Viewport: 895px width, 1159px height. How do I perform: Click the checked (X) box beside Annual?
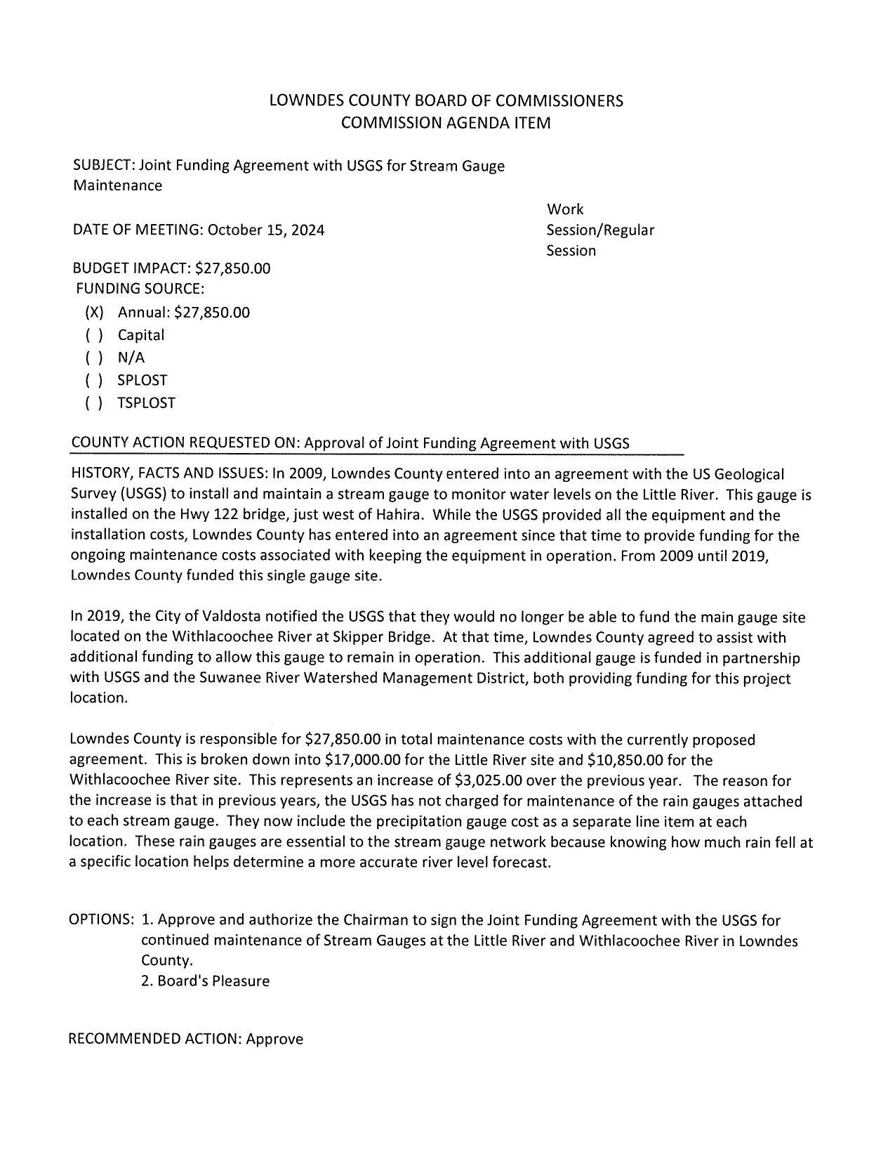94,313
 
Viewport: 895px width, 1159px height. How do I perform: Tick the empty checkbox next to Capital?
94,335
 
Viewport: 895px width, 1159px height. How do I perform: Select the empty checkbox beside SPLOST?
94,380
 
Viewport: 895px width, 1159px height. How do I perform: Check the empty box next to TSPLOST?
94,402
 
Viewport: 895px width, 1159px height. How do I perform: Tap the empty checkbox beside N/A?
94,358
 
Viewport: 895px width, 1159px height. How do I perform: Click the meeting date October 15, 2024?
266,230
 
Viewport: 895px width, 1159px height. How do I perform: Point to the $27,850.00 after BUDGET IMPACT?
232,268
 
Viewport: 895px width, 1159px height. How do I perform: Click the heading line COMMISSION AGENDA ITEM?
446,123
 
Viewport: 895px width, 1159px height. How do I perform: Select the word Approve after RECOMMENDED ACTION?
274,1039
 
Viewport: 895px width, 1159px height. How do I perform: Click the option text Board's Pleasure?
213,981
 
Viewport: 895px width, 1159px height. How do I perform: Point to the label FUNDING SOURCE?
140,289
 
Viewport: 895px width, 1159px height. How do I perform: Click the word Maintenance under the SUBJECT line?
117,185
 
